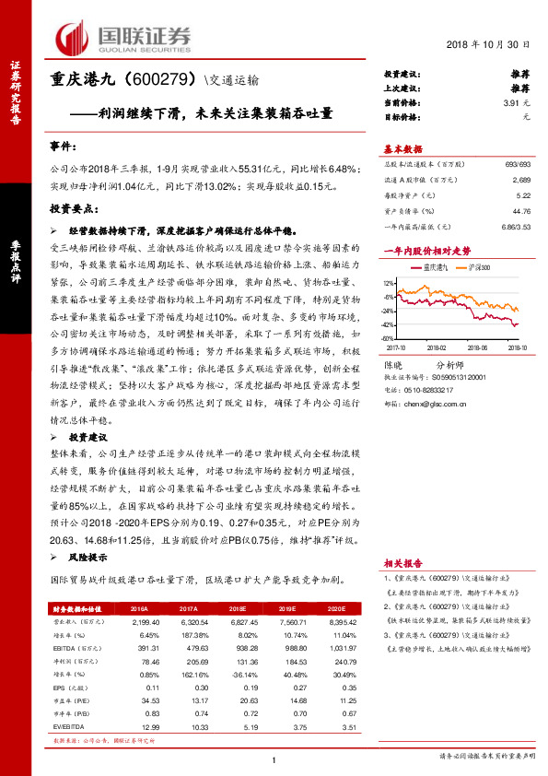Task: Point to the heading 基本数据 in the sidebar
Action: click(402, 149)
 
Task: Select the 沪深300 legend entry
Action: click(477, 266)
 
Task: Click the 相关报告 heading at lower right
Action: click(402, 561)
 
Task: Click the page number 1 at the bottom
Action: click(274, 760)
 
